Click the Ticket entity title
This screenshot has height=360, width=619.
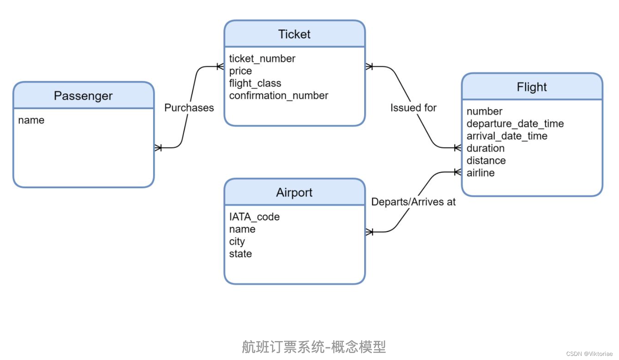click(x=294, y=34)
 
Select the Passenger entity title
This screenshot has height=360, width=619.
click(x=83, y=96)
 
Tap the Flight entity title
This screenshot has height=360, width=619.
click(x=532, y=87)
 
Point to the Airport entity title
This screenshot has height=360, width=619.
click(x=294, y=192)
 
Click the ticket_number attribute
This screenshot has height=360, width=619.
click(x=262, y=58)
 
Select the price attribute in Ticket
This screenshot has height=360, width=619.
click(x=240, y=71)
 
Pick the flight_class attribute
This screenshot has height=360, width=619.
click(x=255, y=83)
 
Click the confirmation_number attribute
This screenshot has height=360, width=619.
click(x=279, y=96)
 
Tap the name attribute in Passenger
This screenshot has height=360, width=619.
click(x=31, y=120)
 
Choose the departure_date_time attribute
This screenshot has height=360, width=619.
click(x=515, y=124)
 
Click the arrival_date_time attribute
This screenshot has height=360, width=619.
click(x=507, y=136)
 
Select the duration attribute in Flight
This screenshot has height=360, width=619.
click(x=486, y=148)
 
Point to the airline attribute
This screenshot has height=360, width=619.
click(x=481, y=173)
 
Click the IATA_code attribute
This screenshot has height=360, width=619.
click(x=254, y=217)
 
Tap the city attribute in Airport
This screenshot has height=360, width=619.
click(x=237, y=241)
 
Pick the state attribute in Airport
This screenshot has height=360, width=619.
click(x=240, y=254)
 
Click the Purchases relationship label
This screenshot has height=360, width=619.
click(x=189, y=108)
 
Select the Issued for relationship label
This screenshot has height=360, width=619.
click(x=413, y=108)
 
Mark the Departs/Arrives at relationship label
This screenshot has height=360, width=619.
click(x=413, y=202)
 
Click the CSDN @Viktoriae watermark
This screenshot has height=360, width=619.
click(x=589, y=354)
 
